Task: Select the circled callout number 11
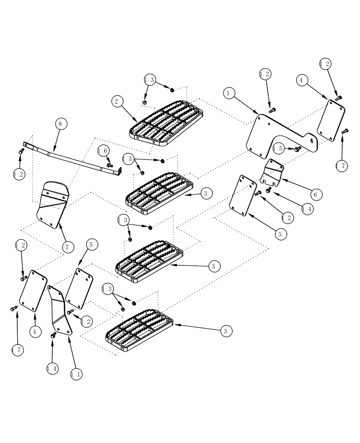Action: pos(76,373)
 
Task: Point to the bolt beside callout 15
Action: pos(297,149)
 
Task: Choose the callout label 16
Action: pos(102,151)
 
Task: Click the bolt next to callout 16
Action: pos(110,165)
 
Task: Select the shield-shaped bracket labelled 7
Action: pos(52,204)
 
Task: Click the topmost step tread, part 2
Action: pos(166,122)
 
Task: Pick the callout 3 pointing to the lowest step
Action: pos(225,330)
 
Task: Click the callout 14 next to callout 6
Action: pos(306,209)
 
